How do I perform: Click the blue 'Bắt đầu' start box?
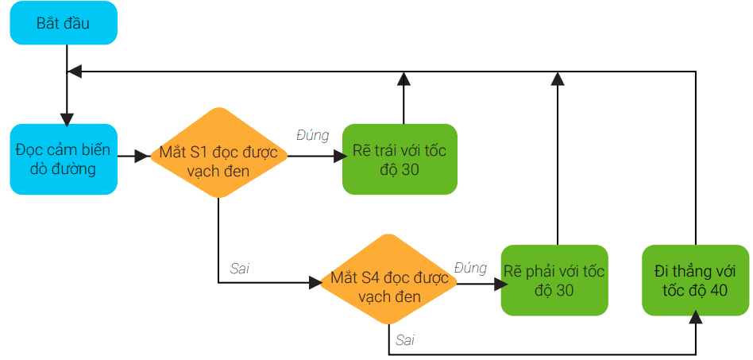64,23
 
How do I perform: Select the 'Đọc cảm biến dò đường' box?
64,158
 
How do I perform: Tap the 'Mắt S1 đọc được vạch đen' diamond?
218,158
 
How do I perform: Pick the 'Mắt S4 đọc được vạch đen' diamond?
388,285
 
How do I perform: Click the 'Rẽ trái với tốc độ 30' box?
400,159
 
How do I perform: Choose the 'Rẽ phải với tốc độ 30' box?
554,281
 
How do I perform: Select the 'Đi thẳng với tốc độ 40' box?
695,281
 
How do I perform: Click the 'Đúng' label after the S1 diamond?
312,135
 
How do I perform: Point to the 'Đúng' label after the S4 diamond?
470,268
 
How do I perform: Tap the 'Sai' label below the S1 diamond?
239,268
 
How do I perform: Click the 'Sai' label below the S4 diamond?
404,340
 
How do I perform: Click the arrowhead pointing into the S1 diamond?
143,157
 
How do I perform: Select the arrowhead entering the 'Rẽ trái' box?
335,157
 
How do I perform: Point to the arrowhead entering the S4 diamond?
312,282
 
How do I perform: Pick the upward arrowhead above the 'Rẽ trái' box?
404,78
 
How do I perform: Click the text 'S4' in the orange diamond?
371,278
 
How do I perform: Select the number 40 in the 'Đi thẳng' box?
718,291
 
